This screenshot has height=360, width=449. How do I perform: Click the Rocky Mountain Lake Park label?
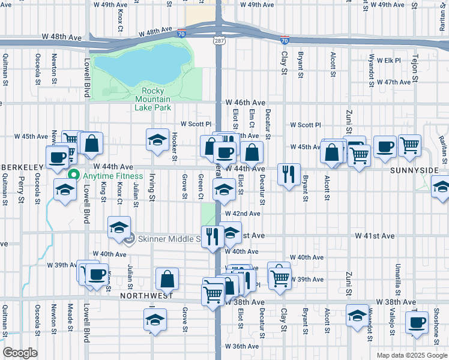click(152, 99)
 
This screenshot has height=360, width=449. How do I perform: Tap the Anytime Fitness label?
click(113, 176)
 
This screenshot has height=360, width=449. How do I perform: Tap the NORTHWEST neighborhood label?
click(146, 296)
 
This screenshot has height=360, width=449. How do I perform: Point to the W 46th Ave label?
click(245, 103)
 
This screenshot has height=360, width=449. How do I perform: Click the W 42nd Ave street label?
click(243, 214)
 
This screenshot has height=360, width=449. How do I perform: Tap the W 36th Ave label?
click(242, 346)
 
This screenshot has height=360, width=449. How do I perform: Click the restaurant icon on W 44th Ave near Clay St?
click(289, 174)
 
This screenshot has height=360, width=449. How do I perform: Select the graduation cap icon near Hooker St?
click(157, 140)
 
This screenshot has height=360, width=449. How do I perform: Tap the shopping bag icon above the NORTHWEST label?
click(167, 278)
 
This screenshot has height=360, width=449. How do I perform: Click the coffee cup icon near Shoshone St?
click(415, 322)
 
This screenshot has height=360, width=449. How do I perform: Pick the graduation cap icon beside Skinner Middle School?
click(119, 227)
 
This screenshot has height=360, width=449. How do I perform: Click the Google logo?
click(20, 353)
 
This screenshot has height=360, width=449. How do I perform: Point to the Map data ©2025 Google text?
click(411, 355)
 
